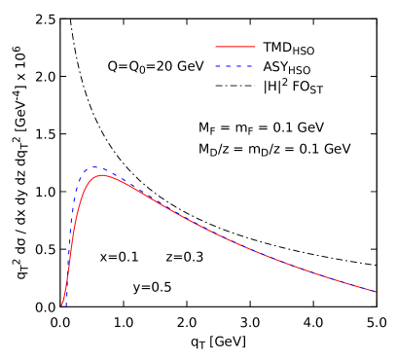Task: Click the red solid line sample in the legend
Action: click(x=234, y=47)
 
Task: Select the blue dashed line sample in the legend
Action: click(x=234, y=67)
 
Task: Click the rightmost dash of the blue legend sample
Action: click(x=250, y=67)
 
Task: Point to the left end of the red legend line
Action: click(x=216, y=47)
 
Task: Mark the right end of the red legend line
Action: click(x=254, y=47)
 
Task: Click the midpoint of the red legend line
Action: click(x=234, y=47)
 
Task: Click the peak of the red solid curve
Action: click(x=102, y=175)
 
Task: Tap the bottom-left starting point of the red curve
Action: click(x=62, y=305)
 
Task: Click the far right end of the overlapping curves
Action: click(x=376, y=291)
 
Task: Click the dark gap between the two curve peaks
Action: click(x=98, y=172)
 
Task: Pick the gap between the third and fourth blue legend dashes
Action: click(x=245, y=67)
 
